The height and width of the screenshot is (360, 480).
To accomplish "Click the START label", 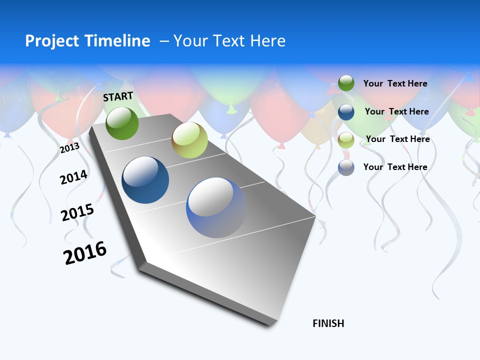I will coord(118,96).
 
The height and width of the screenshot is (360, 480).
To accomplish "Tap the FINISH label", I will coord(328,323).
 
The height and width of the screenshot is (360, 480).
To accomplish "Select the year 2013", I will coord(69,148).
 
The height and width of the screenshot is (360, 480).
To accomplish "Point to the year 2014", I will coord(73,177).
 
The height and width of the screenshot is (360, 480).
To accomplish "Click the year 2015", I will coord(77,212).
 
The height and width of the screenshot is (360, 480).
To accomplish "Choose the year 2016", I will coord(85,253).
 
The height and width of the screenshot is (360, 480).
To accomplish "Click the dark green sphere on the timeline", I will coord(122,123).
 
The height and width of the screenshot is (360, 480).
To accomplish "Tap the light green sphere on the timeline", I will coord(189,140).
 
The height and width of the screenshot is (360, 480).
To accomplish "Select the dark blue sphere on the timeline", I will coord(145,180).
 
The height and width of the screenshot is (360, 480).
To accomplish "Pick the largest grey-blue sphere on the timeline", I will coord(216,207).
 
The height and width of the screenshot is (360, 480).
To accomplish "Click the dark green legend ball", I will coord(346,83).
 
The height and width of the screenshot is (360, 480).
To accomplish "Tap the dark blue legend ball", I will coord(346,112).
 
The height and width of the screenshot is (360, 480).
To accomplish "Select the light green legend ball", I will coord(346,139).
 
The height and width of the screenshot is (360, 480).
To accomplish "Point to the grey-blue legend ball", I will coord(346,167).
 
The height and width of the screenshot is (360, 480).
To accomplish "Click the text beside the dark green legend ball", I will coord(395,83).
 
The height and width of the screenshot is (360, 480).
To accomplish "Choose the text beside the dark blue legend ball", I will coord(396,111).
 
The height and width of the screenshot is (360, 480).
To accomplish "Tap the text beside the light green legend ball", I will coord(397,139).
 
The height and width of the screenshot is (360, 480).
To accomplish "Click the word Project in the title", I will coord(52,41).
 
